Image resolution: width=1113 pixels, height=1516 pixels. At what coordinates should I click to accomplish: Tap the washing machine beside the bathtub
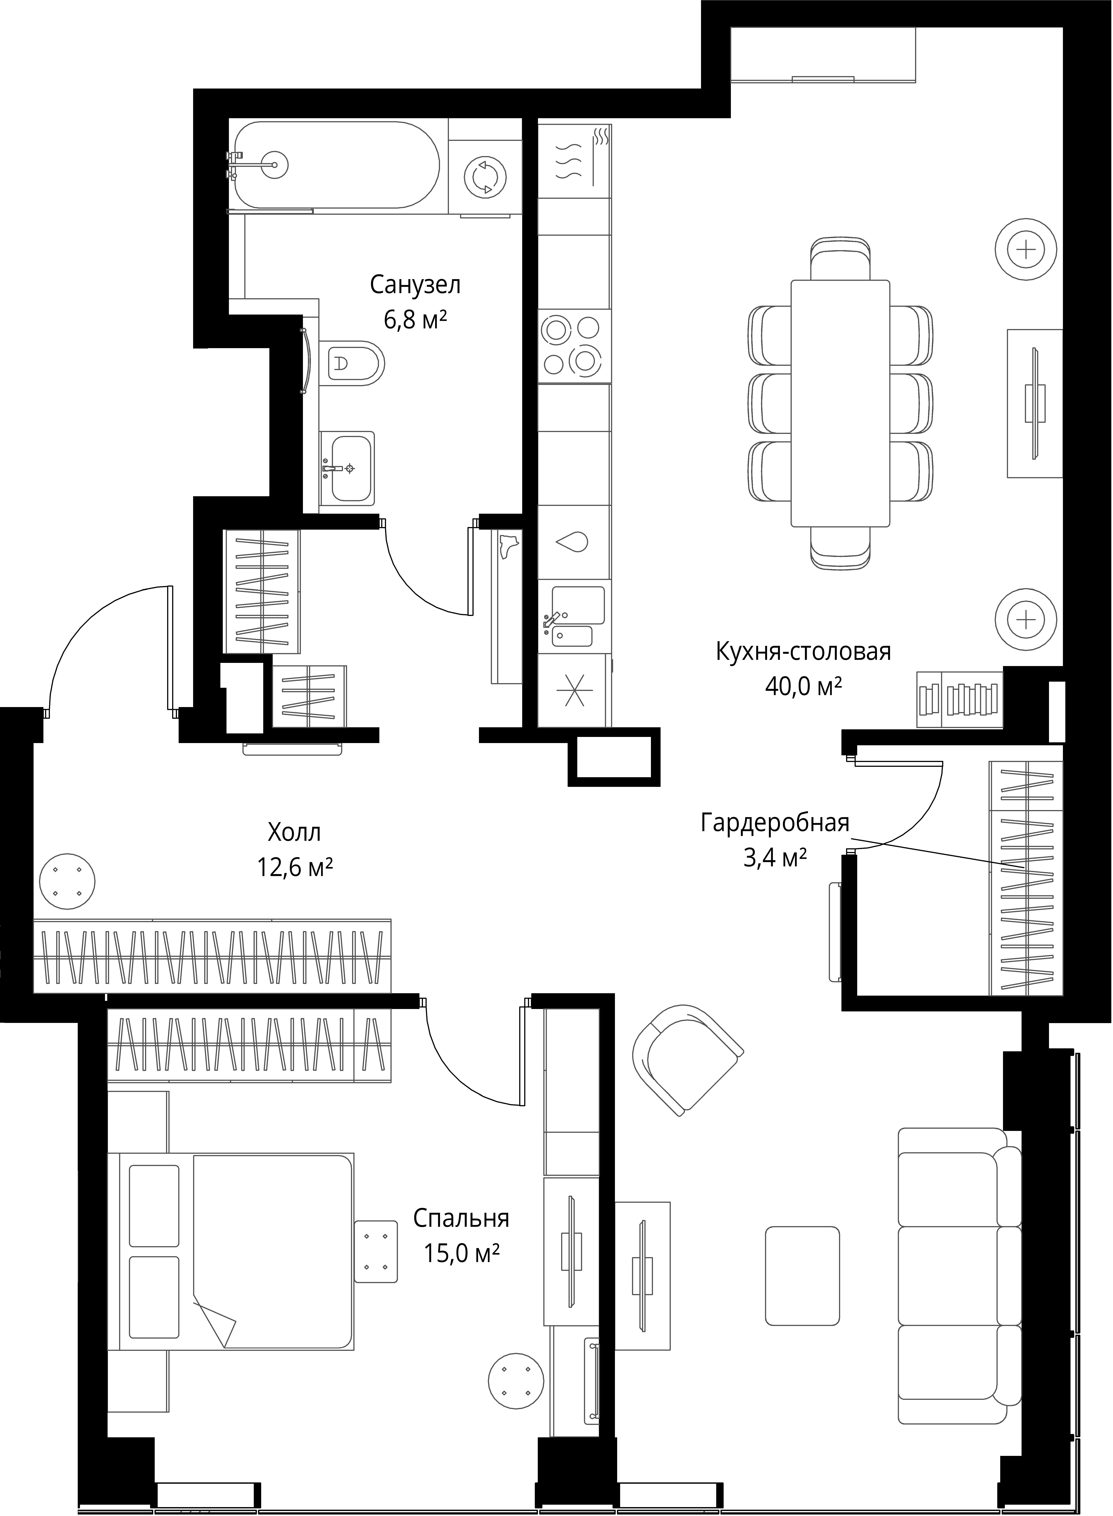[485, 177]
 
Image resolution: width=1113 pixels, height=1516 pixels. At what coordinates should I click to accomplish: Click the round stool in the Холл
[67, 880]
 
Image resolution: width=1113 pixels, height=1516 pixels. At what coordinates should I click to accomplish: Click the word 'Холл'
[294, 833]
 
